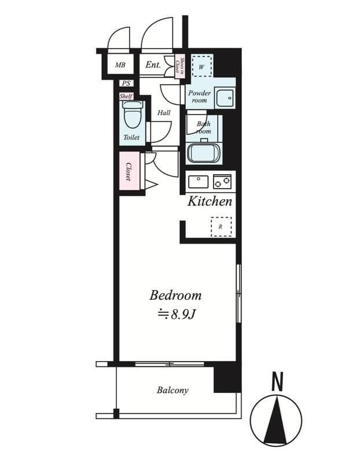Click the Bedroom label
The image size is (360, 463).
pos(175,295)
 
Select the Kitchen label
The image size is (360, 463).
pos(210,201)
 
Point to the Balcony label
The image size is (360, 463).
pos(172,390)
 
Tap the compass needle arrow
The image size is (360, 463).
pos(277,420)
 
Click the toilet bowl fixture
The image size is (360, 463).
pos(133,116)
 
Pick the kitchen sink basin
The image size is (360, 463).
pos(199,181)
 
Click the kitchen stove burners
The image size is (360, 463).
pos(222,181)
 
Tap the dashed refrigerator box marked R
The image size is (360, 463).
pos(221,226)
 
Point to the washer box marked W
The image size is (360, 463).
pos(202,66)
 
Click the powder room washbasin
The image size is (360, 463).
pos(225,98)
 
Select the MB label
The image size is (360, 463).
pos(120,65)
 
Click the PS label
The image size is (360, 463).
pos(126,83)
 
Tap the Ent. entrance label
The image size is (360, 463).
pos(153,65)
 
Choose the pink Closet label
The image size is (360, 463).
pos(129,171)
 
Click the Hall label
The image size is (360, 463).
pos(164,112)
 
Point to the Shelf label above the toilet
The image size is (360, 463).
pos(126,96)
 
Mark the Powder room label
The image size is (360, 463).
pos(200,96)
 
